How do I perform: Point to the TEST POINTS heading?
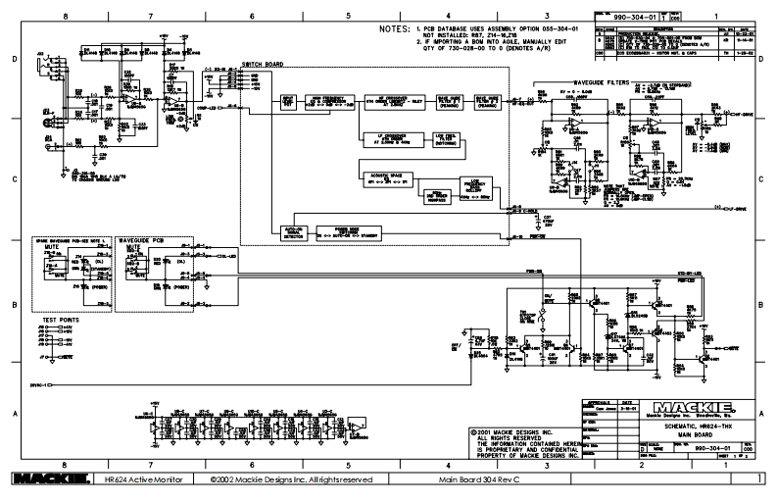coord(60,320)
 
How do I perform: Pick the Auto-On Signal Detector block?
coord(291,232)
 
